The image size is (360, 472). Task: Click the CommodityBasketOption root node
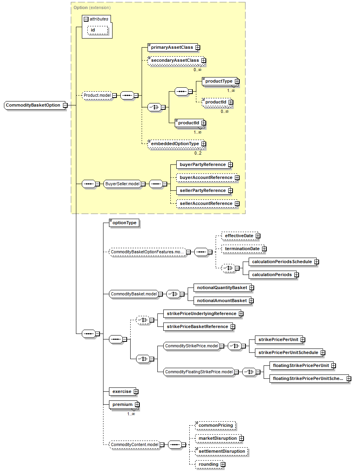[33, 105]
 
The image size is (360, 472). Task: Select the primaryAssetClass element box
[171, 47]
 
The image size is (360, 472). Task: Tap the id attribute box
[93, 30]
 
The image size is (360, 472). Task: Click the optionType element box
[124, 223]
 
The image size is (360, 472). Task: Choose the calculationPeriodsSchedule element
[281, 262]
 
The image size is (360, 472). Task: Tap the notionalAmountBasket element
[222, 301]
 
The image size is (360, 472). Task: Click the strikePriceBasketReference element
[197, 326]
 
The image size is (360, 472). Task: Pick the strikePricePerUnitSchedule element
[288, 352]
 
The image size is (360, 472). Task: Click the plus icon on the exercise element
[136, 392]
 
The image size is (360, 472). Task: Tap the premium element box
[122, 404]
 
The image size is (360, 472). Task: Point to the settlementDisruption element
[222, 451]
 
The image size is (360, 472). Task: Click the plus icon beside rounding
[223, 465]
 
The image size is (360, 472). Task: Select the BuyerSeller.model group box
[122, 184]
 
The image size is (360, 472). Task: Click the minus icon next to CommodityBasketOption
[65, 105]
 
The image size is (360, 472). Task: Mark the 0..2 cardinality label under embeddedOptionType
[198, 153]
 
